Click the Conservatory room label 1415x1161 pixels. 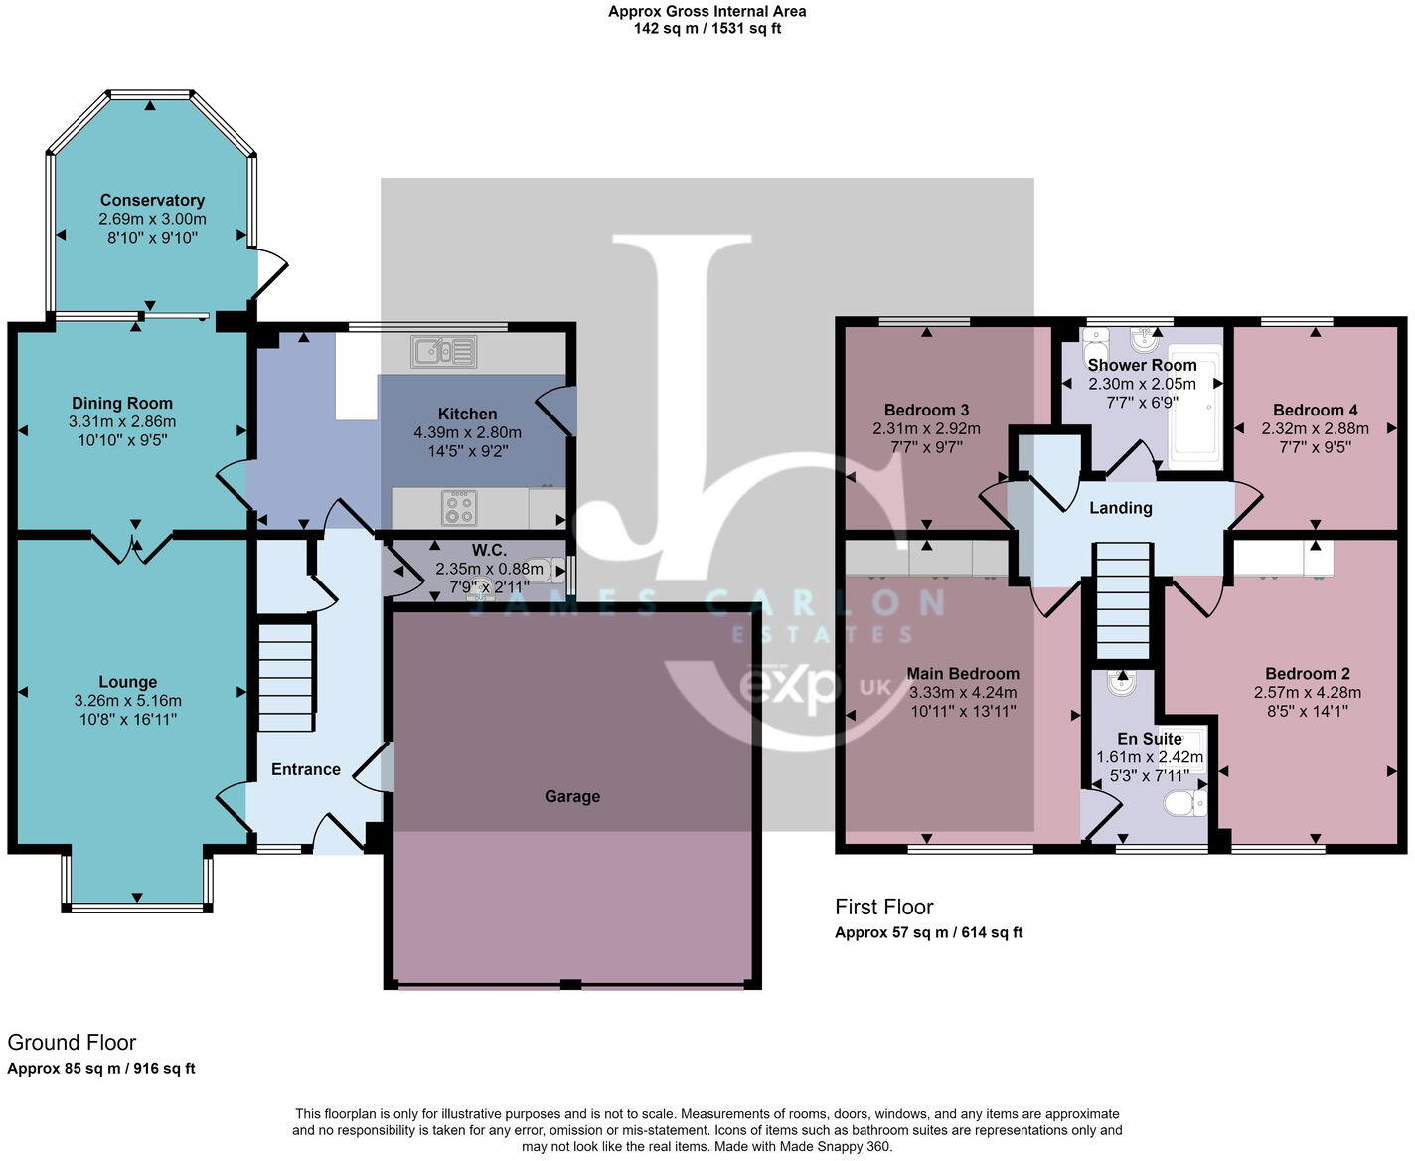point(152,201)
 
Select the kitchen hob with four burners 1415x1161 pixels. point(459,508)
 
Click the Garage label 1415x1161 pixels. point(572,796)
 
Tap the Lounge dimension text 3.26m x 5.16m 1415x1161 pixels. point(128,701)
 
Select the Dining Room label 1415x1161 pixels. point(122,404)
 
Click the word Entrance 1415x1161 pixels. point(306,769)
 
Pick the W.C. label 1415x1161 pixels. point(489,551)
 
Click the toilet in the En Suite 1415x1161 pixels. point(1184,802)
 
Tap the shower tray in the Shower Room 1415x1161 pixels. point(1192,408)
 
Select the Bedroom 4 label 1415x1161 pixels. point(1315,411)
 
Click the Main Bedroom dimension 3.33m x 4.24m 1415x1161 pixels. point(963,693)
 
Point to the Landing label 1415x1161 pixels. point(1121,508)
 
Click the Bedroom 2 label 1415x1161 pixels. point(1307,674)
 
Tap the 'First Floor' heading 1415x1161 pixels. point(883,907)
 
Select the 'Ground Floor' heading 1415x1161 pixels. point(72,1043)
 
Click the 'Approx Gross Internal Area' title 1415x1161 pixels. point(707,12)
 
